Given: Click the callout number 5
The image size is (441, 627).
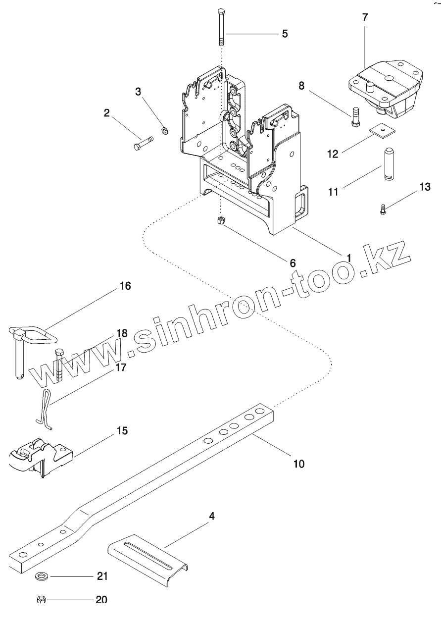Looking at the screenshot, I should (285, 34).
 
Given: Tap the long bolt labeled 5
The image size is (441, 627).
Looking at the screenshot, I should (221, 27).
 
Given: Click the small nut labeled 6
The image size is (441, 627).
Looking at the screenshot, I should (221, 220).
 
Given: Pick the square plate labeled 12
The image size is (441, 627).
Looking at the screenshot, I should (381, 129).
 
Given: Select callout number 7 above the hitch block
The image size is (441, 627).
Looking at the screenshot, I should (365, 17).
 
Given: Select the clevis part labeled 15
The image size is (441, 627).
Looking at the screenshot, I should (40, 456).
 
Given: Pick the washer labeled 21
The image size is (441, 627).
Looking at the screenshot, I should (42, 576).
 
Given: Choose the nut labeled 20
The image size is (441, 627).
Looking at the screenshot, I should (42, 600).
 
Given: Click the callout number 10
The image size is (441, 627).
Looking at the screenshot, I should (299, 464).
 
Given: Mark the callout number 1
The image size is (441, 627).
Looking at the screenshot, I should (348, 258).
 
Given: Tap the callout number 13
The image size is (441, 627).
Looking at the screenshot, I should (425, 187).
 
